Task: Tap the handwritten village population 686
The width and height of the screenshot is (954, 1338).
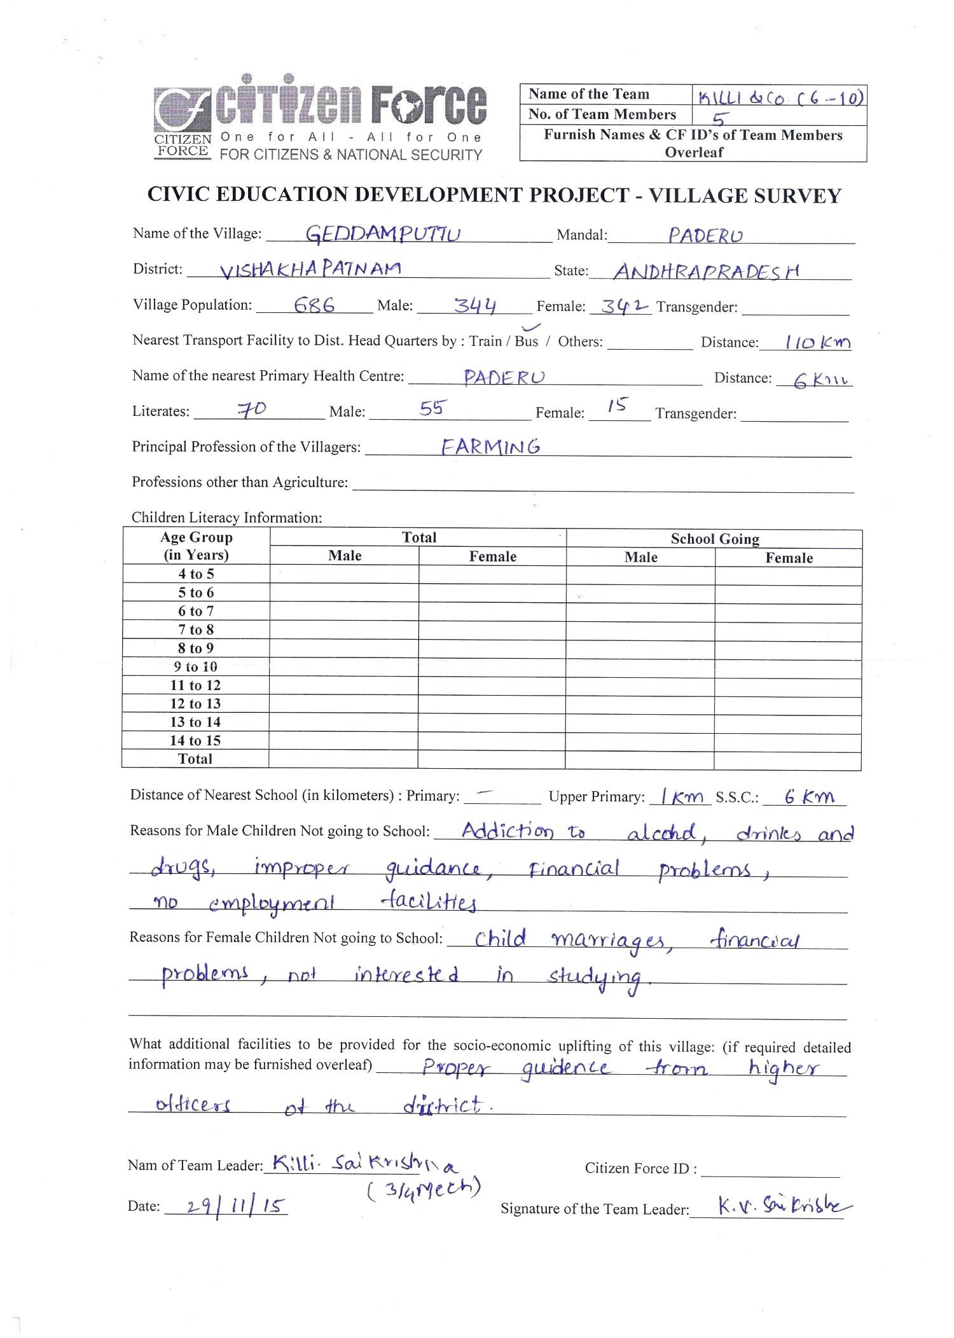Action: tap(314, 305)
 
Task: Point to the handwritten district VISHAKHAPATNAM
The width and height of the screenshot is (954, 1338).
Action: tap(310, 270)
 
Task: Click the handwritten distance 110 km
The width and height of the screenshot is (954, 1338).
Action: tap(817, 343)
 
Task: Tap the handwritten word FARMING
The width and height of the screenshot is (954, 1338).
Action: tap(491, 446)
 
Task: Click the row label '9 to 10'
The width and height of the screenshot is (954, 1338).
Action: tap(195, 666)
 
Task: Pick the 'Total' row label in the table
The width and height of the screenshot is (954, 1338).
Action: tap(195, 759)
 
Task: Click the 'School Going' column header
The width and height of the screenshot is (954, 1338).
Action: tap(714, 539)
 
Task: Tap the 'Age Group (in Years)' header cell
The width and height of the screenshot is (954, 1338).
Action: tap(196, 546)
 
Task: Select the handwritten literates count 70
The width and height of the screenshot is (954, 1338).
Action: tap(252, 411)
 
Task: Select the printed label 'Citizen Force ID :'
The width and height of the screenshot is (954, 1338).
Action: tap(640, 1168)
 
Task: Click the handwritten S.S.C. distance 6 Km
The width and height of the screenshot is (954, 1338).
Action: tap(809, 797)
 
